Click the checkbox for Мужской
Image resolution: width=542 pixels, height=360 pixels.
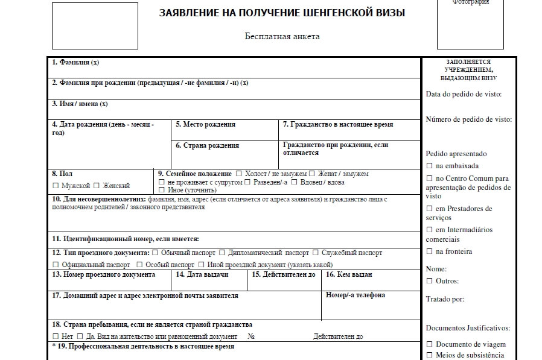pyautogui.click(x=56, y=186)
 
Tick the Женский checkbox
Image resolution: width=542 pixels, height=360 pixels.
pyautogui.click(x=97, y=186)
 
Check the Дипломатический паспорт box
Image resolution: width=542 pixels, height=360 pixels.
pyautogui.click(x=222, y=253)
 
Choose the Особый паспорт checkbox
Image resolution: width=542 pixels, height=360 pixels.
pyautogui.click(x=139, y=265)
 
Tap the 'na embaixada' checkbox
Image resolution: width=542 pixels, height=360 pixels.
pyautogui.click(x=429, y=166)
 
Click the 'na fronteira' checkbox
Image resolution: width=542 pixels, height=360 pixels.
pyautogui.click(x=429, y=251)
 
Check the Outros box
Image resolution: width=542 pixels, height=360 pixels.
pyautogui.click(x=429, y=281)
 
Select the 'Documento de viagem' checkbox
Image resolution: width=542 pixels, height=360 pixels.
pyautogui.click(x=429, y=344)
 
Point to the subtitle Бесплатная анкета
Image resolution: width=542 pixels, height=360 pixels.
pyautogui.click(x=282, y=36)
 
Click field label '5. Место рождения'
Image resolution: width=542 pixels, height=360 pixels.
pyautogui.click(x=205, y=125)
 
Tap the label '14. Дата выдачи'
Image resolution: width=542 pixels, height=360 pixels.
pyautogui.click(x=202, y=275)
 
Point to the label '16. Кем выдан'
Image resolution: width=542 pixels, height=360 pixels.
pyautogui.click(x=349, y=275)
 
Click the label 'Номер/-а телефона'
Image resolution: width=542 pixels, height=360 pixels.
pyautogui.click(x=355, y=295)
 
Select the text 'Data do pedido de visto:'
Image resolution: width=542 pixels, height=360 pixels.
pyautogui.click(x=463, y=94)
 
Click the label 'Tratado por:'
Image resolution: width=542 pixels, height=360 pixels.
pyautogui.click(x=445, y=299)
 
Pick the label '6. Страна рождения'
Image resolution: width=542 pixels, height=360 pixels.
pyautogui.click(x=207, y=145)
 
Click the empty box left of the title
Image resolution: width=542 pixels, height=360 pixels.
pyautogui.click(x=95, y=25)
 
